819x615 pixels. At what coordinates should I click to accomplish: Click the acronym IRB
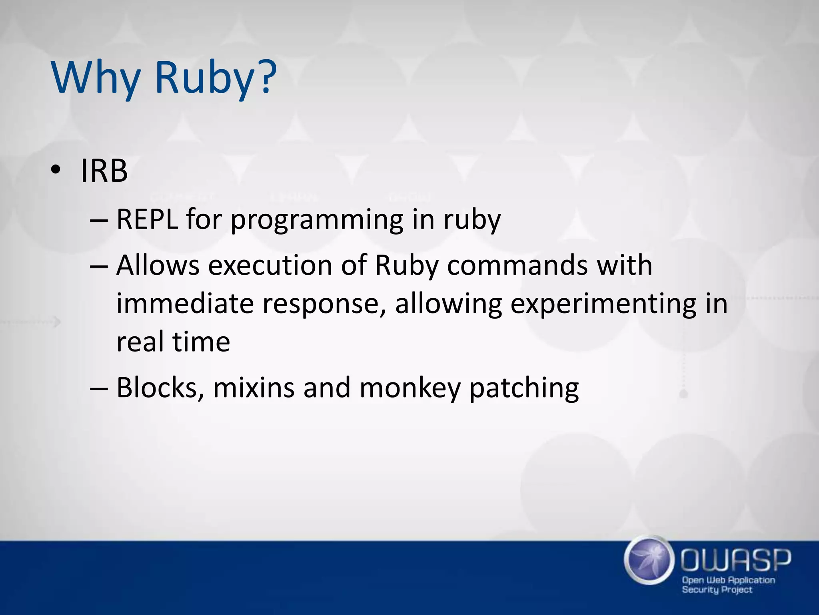[x=104, y=171]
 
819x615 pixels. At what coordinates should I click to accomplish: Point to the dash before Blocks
[x=98, y=388]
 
